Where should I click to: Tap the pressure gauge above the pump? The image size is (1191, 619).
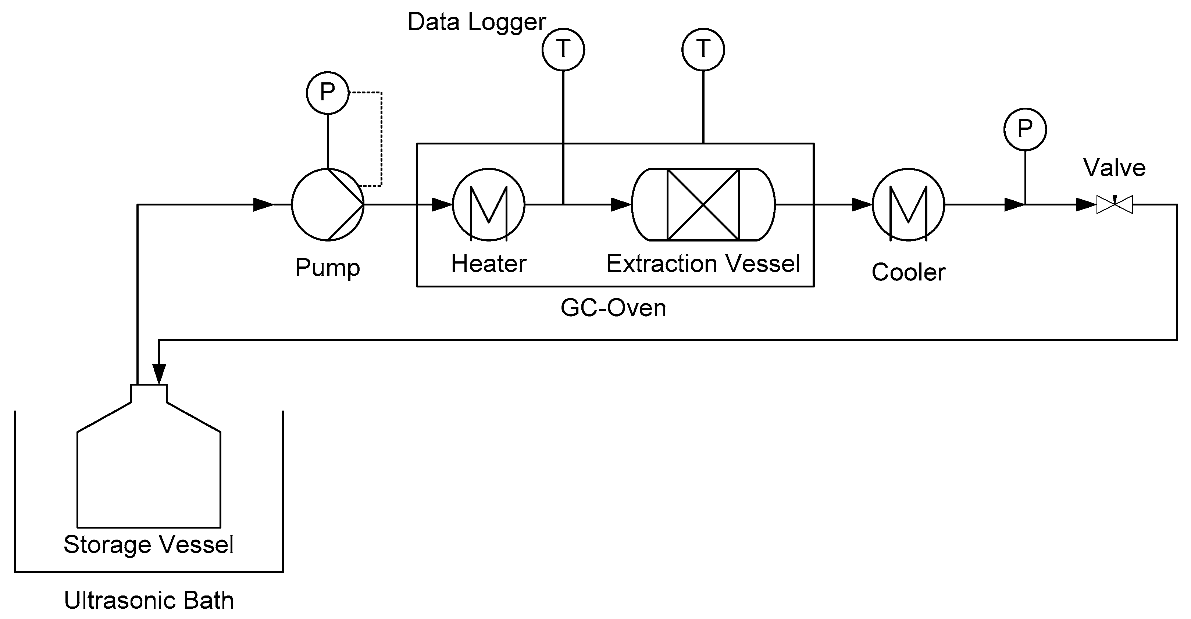pos(327,93)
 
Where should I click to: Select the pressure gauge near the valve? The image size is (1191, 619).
pos(1025,129)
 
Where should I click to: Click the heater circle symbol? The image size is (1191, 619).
pos(488,204)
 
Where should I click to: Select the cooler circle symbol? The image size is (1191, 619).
pos(908,204)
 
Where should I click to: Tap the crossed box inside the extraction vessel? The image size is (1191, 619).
pos(703,204)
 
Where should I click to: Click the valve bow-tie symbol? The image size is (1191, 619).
pos(1114,204)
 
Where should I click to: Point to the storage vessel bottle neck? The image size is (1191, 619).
pos(149,393)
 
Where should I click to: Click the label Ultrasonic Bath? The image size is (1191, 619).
pos(149,600)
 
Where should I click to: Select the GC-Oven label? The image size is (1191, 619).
pos(613,307)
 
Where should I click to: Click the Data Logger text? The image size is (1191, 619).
pos(476,22)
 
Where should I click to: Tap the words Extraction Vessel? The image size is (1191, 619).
pos(703,264)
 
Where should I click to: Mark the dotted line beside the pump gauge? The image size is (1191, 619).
pos(381,139)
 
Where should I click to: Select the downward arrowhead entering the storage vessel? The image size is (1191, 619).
pos(159,373)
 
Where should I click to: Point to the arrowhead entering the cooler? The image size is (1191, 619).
pos(861,204)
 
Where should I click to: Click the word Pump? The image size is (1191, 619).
pos(327,267)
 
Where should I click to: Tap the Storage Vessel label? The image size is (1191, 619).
pos(149,544)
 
